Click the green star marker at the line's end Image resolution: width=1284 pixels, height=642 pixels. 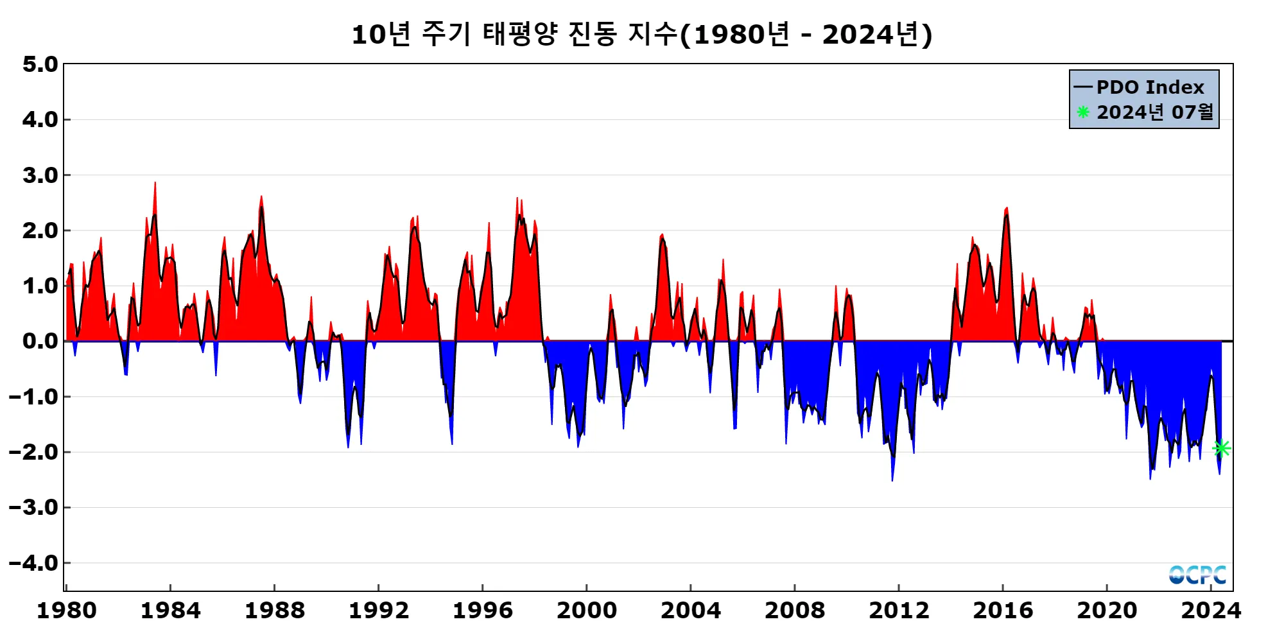coord(1222,448)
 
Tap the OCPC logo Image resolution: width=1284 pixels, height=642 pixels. coord(1197,575)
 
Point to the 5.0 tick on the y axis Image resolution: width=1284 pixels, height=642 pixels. coord(40,64)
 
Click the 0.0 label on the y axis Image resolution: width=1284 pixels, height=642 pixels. coord(40,341)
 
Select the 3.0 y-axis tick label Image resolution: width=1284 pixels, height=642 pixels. coord(40,175)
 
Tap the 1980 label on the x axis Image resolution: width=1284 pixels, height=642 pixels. coord(66,611)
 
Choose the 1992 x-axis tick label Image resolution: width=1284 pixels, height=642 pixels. coord(378,611)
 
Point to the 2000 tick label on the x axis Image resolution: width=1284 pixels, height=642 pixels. coord(586,611)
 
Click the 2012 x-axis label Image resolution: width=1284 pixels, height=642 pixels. coord(898,611)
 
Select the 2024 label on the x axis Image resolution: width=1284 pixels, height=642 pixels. coord(1211,611)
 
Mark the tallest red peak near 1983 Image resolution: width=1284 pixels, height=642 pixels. coord(155,183)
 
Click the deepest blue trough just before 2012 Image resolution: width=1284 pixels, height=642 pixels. coord(892,480)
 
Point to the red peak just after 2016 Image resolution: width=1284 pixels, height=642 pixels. coord(1006,208)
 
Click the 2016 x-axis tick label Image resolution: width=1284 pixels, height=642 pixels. coord(1002,611)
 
